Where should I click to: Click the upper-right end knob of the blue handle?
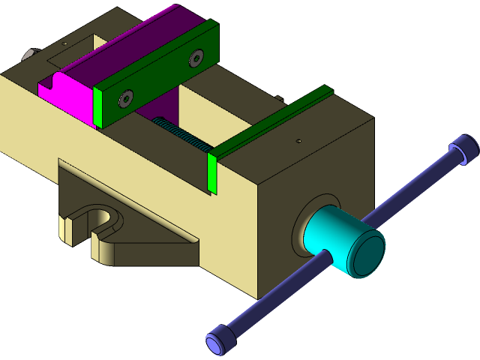(464, 148)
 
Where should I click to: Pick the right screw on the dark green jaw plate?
(196, 57)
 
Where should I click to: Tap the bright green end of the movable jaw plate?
(97, 106)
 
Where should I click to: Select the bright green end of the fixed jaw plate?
(212, 174)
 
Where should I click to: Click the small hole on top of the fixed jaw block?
(298, 139)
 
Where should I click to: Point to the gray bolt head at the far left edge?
(29, 55)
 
